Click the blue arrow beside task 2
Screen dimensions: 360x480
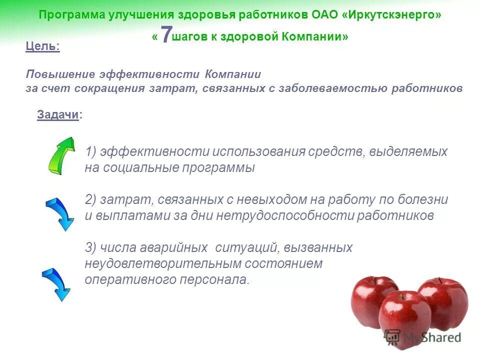pyautogui.click(x=59, y=214)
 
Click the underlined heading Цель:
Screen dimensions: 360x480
pyautogui.click(x=42, y=46)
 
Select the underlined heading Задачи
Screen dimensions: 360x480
pyautogui.click(x=58, y=114)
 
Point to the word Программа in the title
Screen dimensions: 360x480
pyautogui.click(x=72, y=14)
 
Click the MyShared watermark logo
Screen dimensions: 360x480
pyautogui.click(x=422, y=337)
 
